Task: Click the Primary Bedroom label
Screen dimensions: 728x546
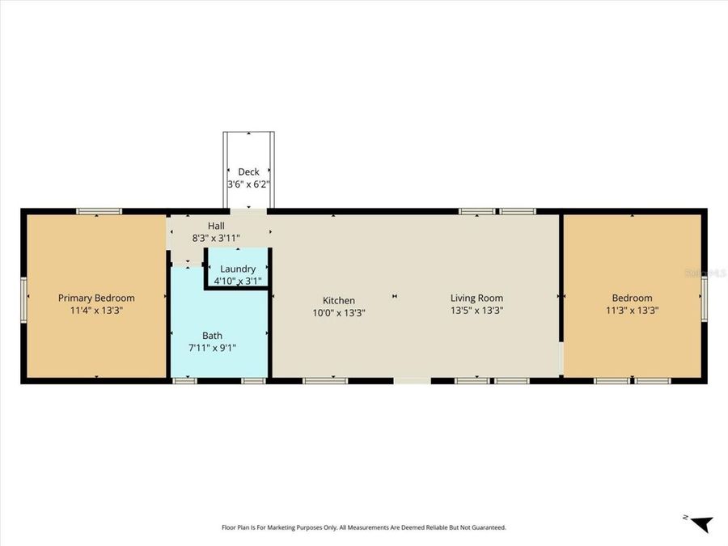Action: [96, 298]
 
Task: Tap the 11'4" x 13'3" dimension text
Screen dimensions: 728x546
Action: [96, 310]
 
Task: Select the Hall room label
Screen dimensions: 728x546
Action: [216, 226]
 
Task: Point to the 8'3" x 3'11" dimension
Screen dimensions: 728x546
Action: [216, 238]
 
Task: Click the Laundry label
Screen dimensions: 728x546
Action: [238, 269]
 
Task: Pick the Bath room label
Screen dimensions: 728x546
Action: [212, 335]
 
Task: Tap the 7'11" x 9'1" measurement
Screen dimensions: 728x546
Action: [212, 347]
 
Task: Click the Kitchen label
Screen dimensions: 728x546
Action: [339, 300]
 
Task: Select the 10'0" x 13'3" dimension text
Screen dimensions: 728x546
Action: [339, 313]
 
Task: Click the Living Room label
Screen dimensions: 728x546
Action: [476, 298]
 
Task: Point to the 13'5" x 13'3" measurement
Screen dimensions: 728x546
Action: [476, 310]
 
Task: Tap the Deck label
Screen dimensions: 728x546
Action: [248, 171]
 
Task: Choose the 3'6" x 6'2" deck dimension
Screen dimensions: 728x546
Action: [248, 184]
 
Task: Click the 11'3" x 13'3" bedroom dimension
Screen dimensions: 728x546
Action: [632, 310]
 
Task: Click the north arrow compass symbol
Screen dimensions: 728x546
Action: [701, 523]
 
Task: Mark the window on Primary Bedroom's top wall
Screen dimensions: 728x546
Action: [99, 211]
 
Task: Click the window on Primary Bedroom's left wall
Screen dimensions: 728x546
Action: [23, 299]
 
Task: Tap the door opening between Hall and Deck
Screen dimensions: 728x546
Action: [248, 211]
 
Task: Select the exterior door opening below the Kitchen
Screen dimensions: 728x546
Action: [413, 381]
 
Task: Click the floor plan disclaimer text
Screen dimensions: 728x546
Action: [364, 527]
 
